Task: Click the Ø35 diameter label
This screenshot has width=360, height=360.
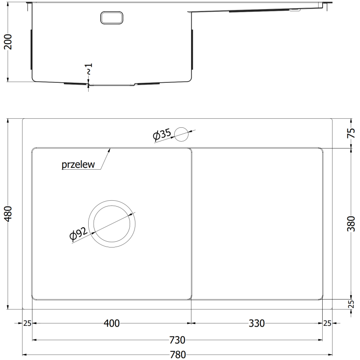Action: (x=162, y=135)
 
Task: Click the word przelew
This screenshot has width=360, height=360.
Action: (x=78, y=165)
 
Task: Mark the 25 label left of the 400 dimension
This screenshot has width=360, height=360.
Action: (x=27, y=323)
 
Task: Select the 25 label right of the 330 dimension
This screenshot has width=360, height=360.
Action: (x=327, y=323)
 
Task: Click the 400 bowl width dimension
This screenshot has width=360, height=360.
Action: (x=112, y=323)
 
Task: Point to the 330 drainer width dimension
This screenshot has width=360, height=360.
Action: (x=256, y=323)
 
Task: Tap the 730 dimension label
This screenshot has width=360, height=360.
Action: (x=178, y=340)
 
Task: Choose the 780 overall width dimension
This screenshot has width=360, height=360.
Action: (x=178, y=355)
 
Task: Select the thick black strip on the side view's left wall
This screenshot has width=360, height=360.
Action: (x=31, y=49)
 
